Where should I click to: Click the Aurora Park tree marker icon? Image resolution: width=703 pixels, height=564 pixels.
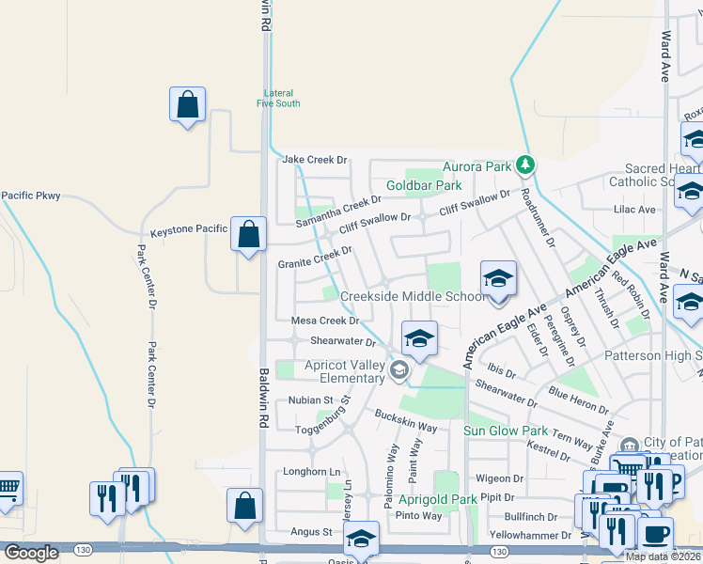pyautogui.click(x=525, y=166)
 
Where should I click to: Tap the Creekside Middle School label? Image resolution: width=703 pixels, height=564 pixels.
pyautogui.click(x=413, y=296)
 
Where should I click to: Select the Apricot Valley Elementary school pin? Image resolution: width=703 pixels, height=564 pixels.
pyautogui.click(x=399, y=371)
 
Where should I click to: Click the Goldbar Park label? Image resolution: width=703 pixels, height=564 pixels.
pyautogui.click(x=428, y=186)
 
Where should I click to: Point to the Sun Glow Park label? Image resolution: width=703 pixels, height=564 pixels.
pyautogui.click(x=506, y=431)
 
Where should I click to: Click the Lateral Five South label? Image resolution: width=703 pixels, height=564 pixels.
pyautogui.click(x=278, y=98)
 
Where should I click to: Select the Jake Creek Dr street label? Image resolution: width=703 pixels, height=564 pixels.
pyautogui.click(x=315, y=161)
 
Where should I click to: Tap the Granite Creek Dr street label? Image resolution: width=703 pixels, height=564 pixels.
pyautogui.click(x=315, y=258)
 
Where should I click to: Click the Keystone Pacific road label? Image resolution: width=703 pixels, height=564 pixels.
pyautogui.click(x=189, y=229)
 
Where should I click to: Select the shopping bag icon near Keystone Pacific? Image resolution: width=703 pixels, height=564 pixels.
pyautogui.click(x=248, y=234)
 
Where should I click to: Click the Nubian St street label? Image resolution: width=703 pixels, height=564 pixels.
pyautogui.click(x=310, y=399)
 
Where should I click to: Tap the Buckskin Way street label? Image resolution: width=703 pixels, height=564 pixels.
pyautogui.click(x=406, y=420)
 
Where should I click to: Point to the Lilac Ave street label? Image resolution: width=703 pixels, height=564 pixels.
pyautogui.click(x=633, y=210)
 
